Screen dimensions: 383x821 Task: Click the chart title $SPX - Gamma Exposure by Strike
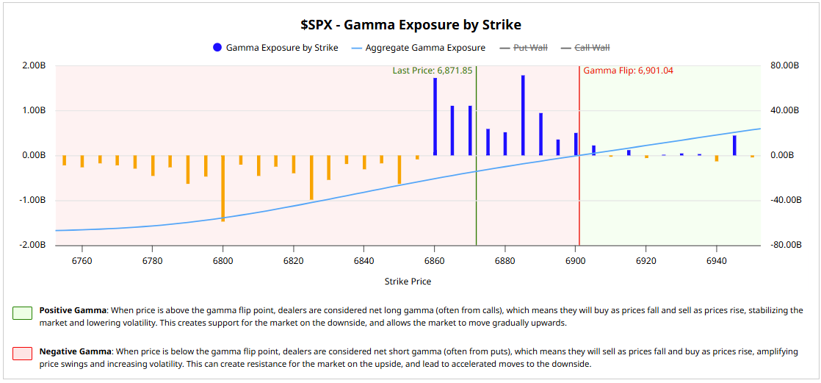click(410, 24)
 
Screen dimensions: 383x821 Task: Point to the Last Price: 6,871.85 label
click(432, 71)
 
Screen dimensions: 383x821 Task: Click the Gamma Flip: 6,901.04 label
click(628, 71)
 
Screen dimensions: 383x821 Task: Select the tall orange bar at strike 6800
click(223, 187)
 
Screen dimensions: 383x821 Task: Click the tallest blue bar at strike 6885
click(523, 115)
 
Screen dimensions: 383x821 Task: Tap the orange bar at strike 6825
click(311, 177)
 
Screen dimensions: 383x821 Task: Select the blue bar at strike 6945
click(734, 145)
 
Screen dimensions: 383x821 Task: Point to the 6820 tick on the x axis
click(293, 261)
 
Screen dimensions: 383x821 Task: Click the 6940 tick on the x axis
click(715, 261)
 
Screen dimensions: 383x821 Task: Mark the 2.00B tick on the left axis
click(35, 65)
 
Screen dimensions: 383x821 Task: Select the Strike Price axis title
click(408, 282)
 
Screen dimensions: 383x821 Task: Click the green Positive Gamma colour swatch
click(21, 313)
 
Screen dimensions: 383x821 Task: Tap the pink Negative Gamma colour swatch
click(21, 354)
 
